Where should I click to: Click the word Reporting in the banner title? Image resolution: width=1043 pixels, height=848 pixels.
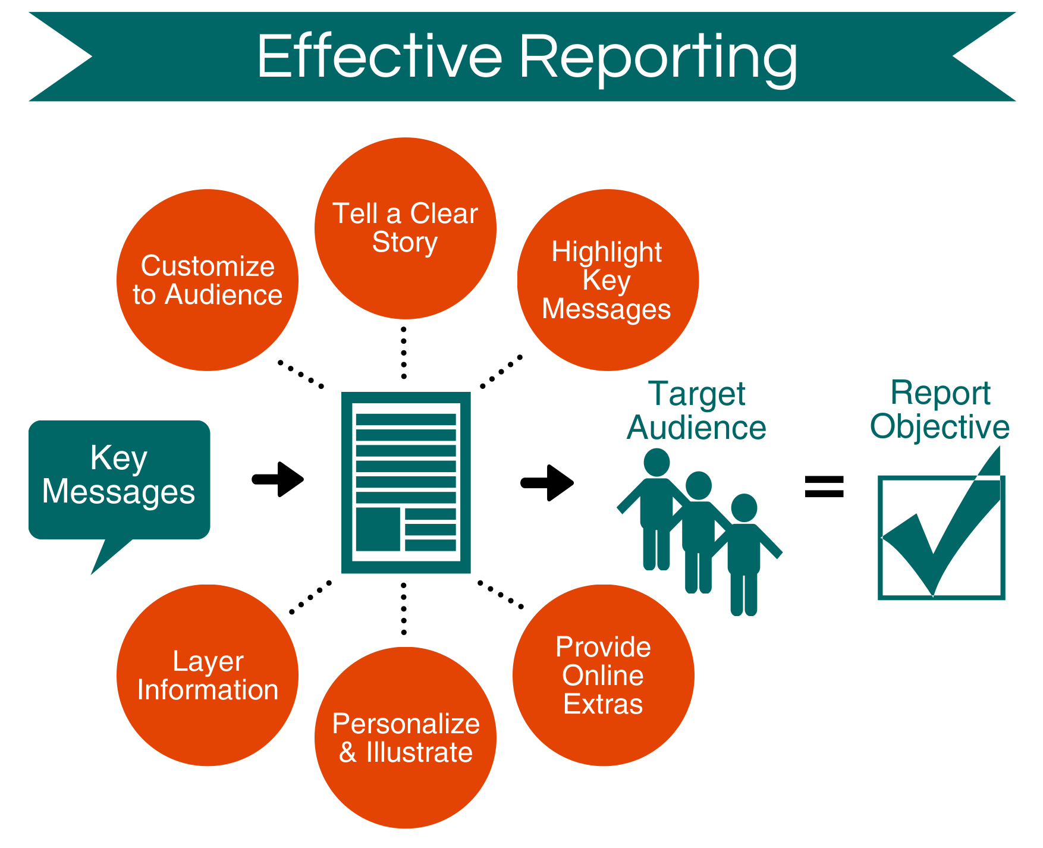(x=658, y=58)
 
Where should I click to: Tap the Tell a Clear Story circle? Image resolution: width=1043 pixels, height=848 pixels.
(x=405, y=228)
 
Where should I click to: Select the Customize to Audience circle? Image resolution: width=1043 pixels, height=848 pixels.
(x=208, y=280)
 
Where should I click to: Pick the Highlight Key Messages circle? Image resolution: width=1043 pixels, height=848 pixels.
(x=607, y=280)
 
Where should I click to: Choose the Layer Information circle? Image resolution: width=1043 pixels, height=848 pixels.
(x=208, y=676)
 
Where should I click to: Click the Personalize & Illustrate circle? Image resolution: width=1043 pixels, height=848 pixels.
(x=405, y=737)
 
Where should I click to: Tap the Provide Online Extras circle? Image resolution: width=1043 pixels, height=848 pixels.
(x=603, y=676)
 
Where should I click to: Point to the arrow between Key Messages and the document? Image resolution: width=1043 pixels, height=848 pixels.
(x=279, y=479)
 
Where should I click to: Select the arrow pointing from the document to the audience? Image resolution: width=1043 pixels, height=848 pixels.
(x=548, y=482)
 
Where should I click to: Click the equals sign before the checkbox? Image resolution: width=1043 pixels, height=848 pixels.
(x=824, y=486)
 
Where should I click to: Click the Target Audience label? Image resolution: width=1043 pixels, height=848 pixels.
(x=696, y=411)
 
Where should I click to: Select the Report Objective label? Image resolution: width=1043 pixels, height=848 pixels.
(x=940, y=410)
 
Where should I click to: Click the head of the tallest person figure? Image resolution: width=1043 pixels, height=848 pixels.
(x=656, y=462)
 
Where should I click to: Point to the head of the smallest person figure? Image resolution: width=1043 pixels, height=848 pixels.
(x=743, y=507)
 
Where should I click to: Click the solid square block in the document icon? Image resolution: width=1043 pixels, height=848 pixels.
(x=378, y=529)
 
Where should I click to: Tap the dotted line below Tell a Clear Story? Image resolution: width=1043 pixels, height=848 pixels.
(x=404, y=353)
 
